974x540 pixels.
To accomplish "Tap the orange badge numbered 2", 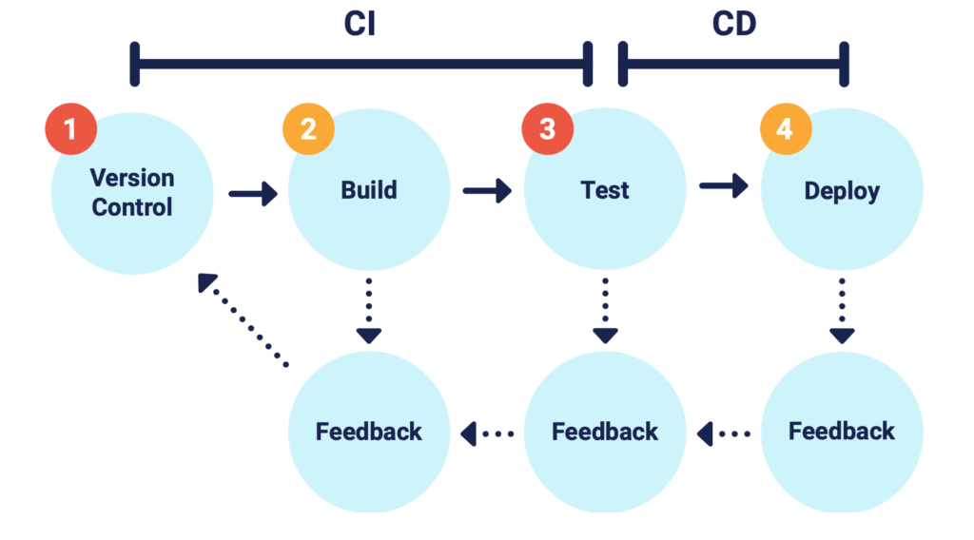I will coord(308,129).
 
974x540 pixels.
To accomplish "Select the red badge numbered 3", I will coord(547,129).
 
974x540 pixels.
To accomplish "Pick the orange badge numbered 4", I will coord(784,129).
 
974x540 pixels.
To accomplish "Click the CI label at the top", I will coord(360,25).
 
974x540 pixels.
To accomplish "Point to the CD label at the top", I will coord(733,25).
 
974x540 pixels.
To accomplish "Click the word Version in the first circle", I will coord(132,178).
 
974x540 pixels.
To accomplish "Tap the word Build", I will coord(368,191).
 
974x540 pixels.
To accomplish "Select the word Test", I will coord(605,191).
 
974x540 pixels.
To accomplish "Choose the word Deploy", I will coord(842,191).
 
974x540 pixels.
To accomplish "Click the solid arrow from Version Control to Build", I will coord(253,194).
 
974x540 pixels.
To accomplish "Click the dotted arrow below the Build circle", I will coord(368,310).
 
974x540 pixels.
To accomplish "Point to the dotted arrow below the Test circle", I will coord(605,310).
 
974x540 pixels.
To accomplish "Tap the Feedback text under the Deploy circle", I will coord(842,432).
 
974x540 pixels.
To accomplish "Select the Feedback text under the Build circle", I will coord(368,432).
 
